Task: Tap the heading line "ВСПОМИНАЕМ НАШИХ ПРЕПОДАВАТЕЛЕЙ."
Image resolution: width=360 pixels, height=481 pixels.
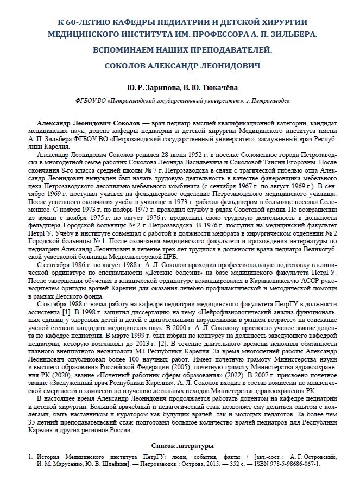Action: (x=179, y=49)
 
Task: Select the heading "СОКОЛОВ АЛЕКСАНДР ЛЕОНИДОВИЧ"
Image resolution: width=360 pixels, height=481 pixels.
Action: (x=179, y=65)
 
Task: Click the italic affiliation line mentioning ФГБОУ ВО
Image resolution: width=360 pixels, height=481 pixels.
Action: (x=179, y=102)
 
